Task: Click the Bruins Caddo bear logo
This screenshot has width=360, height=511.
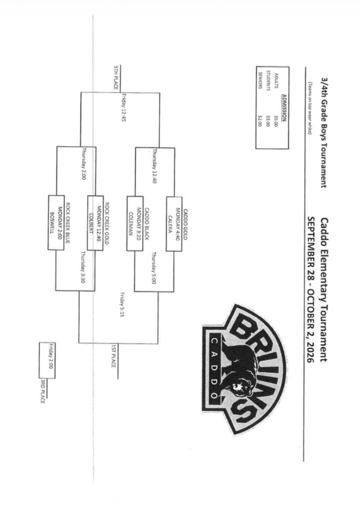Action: pyautogui.click(x=245, y=369)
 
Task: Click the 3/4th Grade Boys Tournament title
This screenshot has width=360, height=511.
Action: pyautogui.click(x=324, y=133)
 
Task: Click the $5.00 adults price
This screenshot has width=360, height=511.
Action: pyautogui.click(x=276, y=120)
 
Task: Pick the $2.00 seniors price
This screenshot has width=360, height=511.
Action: pyautogui.click(x=260, y=120)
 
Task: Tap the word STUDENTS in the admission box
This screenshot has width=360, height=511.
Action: pyautogui.click(x=268, y=80)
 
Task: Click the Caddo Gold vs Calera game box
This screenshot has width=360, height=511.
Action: pyautogui.click(x=174, y=224)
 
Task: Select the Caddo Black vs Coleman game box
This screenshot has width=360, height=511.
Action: pyautogui.click(x=135, y=224)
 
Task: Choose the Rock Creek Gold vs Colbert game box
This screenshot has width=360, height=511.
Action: pyautogui.click(x=95, y=223)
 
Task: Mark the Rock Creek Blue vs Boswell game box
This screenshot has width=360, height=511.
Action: pyautogui.click(x=56, y=223)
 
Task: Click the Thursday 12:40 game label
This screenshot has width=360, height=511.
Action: pyautogui.click(x=154, y=166)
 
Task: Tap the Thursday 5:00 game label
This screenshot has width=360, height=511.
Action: pyautogui.click(x=154, y=268)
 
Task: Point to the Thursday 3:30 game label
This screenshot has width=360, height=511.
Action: pyautogui.click(x=82, y=267)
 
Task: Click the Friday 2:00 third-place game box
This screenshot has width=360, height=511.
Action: pyautogui.click(x=47, y=360)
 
